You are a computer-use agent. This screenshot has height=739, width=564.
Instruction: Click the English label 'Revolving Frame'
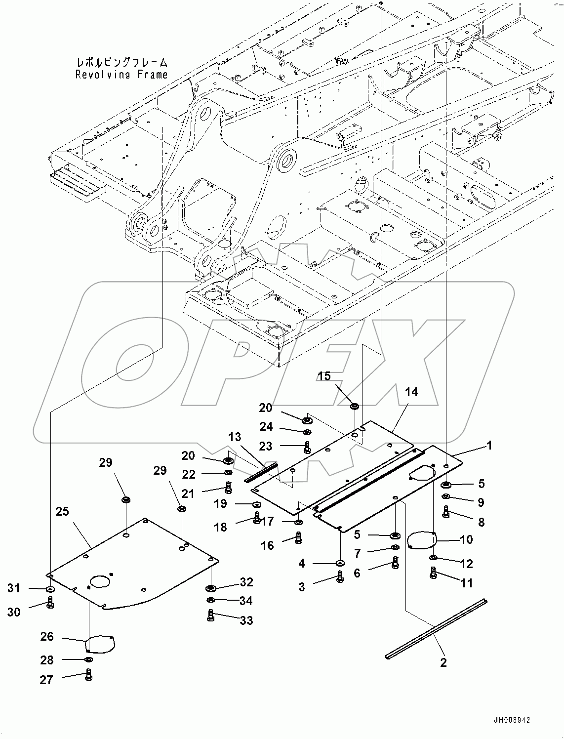tap(121, 75)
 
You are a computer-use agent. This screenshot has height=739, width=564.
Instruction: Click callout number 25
tap(62, 511)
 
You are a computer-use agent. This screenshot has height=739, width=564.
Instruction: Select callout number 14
tap(411, 392)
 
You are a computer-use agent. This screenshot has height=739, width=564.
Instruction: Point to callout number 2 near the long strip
tap(443, 662)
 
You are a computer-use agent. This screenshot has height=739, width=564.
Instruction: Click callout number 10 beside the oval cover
tap(466, 539)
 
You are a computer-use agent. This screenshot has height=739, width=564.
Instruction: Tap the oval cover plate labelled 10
tap(421, 539)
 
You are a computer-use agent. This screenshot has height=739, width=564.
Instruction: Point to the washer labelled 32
tap(211, 588)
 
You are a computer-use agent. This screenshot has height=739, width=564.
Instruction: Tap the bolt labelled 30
tap(50, 603)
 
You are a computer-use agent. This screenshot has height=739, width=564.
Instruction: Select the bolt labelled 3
tap(340, 576)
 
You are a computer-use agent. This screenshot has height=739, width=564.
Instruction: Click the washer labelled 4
tap(340, 563)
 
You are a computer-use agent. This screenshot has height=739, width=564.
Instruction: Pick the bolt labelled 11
tap(433, 574)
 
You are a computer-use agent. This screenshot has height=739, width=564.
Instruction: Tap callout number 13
tap(235, 437)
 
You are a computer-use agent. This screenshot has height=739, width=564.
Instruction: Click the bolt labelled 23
tap(307, 448)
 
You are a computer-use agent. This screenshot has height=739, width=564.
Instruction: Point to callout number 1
tap(489, 446)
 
